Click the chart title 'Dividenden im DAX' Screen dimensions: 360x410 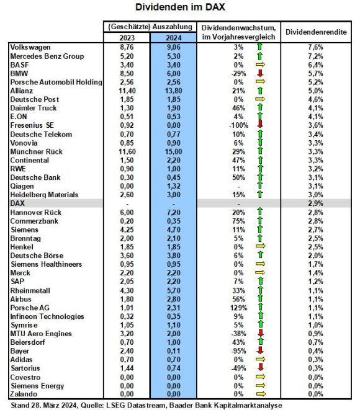click(x=180, y=7)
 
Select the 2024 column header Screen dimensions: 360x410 click(x=173, y=38)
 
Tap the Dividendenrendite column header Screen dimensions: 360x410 click(x=316, y=32)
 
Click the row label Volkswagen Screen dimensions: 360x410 click(x=30, y=47)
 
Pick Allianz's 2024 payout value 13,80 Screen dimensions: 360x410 click(x=173, y=91)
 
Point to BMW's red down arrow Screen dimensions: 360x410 click(x=260, y=73)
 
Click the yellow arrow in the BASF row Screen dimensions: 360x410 click(x=260, y=65)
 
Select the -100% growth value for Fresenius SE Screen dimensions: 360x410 click(x=238, y=125)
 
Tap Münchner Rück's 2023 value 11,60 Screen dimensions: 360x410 click(x=127, y=152)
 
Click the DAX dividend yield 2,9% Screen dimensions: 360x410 click(x=315, y=203)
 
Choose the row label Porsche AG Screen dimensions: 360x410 click(x=30, y=308)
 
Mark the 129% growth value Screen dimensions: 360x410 click(x=238, y=308)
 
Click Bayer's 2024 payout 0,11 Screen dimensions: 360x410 click(x=173, y=351)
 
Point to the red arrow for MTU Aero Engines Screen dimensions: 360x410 click(x=260, y=333)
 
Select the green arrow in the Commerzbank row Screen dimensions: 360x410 click(x=260, y=220)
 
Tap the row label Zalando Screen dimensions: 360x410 click(x=24, y=394)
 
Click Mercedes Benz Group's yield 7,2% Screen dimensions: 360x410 click(x=315, y=56)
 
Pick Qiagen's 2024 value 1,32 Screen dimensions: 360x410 click(x=173, y=186)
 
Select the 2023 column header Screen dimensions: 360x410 click(x=127, y=38)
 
